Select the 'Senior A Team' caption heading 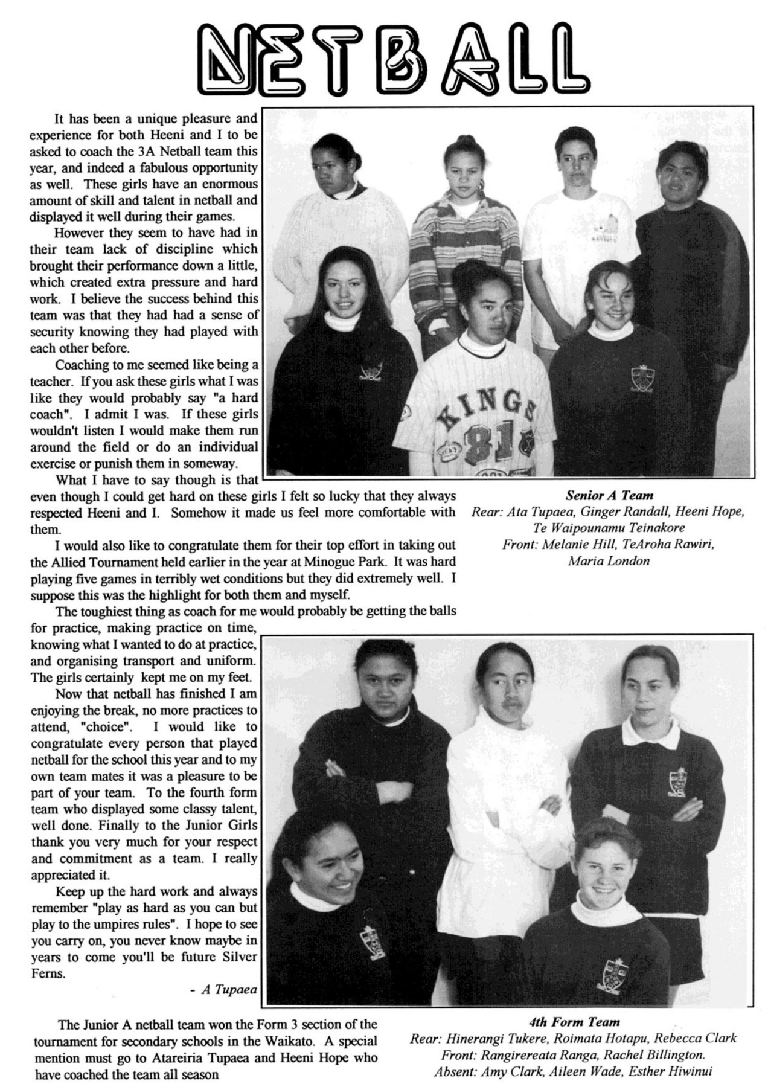[609, 496]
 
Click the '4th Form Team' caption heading [574, 1022]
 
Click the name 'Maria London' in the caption [609, 561]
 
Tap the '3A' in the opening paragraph [147, 151]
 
